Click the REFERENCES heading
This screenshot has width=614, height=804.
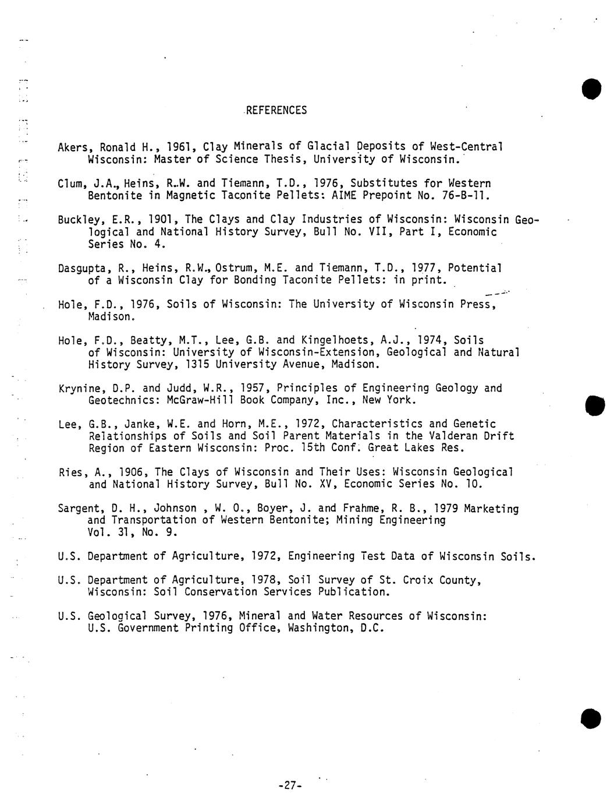(x=276, y=110)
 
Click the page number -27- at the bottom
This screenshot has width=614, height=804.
(x=289, y=785)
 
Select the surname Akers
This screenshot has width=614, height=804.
(x=76, y=147)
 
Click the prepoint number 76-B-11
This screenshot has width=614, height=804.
(x=465, y=195)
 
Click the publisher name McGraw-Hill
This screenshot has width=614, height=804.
(x=199, y=400)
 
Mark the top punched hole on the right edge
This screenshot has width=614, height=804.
(x=591, y=88)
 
